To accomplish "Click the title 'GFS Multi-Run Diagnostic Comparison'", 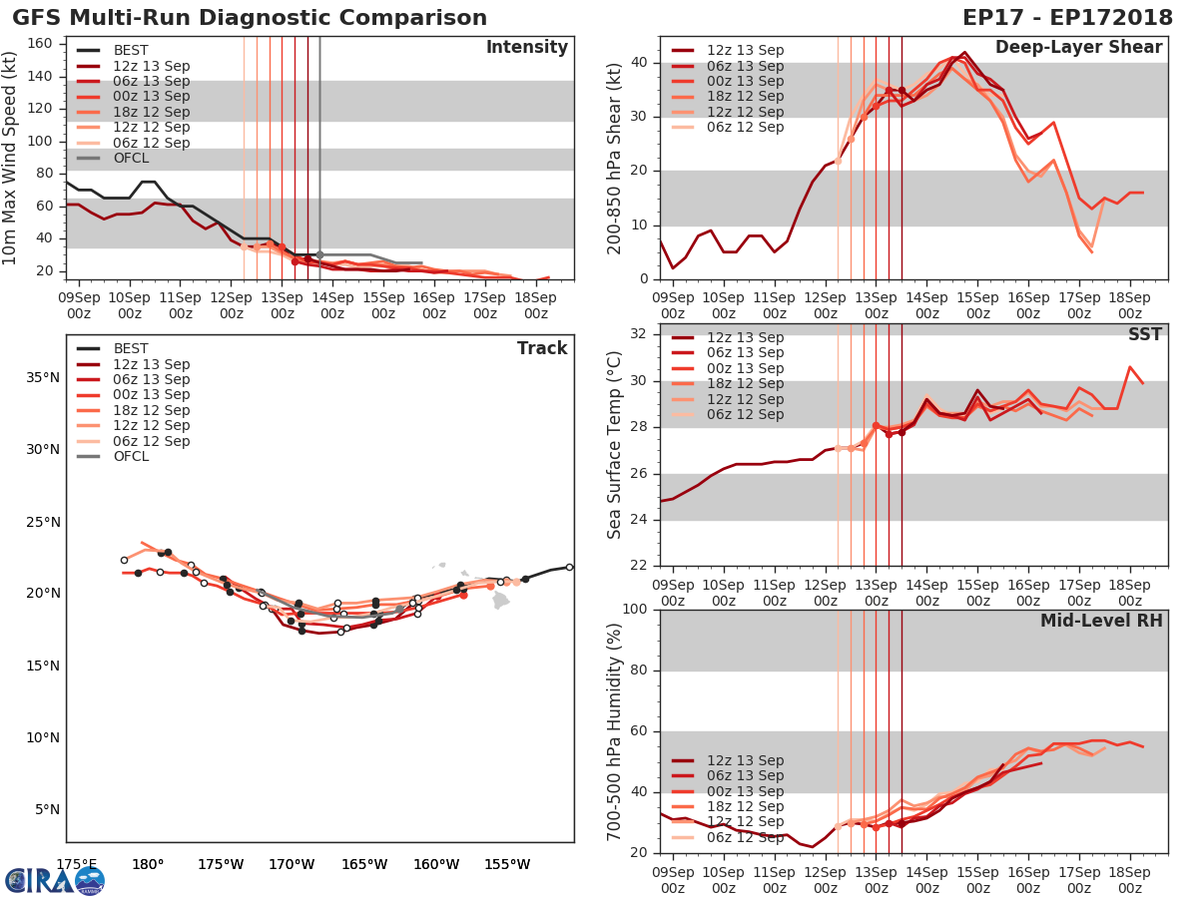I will click(250, 18).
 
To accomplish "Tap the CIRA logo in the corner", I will click(55, 880).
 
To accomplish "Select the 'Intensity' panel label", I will click(526, 48).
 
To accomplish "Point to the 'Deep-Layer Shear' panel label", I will click(1078, 48).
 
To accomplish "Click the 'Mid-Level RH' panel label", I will click(1101, 621).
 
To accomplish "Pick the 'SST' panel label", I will click(1145, 334).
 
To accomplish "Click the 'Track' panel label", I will click(542, 348).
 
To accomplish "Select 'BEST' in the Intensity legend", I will click(131, 51).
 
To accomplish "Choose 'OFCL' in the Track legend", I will click(130, 457).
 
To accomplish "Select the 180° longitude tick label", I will click(148, 864).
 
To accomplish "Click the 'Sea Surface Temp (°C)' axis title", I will click(615, 445).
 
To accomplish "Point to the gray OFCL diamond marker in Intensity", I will click(319, 254).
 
